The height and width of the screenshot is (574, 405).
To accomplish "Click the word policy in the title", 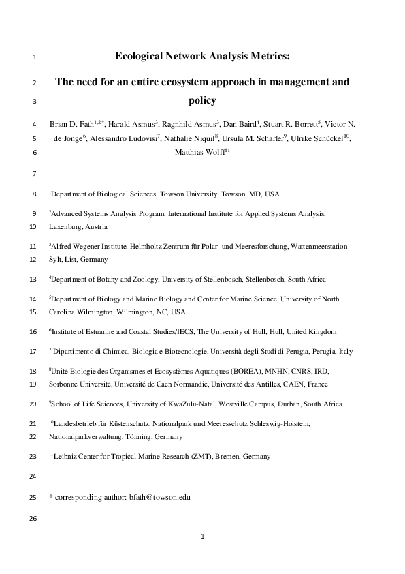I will (x=201, y=100).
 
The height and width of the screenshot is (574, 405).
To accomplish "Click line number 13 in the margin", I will (x=35, y=280).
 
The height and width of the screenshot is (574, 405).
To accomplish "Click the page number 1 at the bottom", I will (x=202, y=537).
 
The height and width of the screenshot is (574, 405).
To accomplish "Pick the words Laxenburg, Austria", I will (x=78, y=227).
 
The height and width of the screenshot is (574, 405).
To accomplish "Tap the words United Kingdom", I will (x=309, y=332).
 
